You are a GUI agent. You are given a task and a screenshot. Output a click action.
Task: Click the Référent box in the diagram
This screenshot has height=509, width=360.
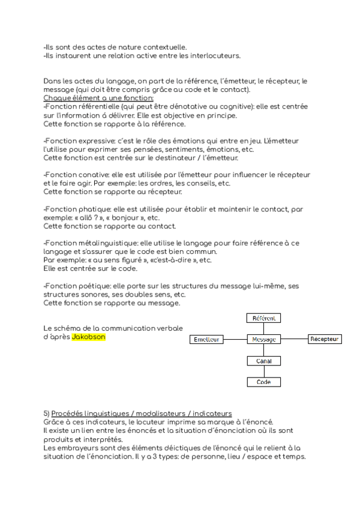point(264,319)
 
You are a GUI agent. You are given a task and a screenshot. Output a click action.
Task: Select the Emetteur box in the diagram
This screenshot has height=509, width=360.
point(206,340)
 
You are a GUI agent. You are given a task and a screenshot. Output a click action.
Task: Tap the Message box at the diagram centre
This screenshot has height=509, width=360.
point(264,340)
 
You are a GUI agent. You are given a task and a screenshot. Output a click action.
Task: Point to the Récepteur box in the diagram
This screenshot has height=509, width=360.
point(325,340)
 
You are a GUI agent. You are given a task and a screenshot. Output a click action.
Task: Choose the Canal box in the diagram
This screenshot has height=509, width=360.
point(264,361)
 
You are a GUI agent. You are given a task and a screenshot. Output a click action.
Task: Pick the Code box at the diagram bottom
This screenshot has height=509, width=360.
point(264,382)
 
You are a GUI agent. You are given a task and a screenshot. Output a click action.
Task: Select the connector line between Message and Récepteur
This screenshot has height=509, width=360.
point(294,340)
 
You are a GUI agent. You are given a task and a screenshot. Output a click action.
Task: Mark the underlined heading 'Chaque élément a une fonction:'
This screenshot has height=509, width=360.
point(98,98)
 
